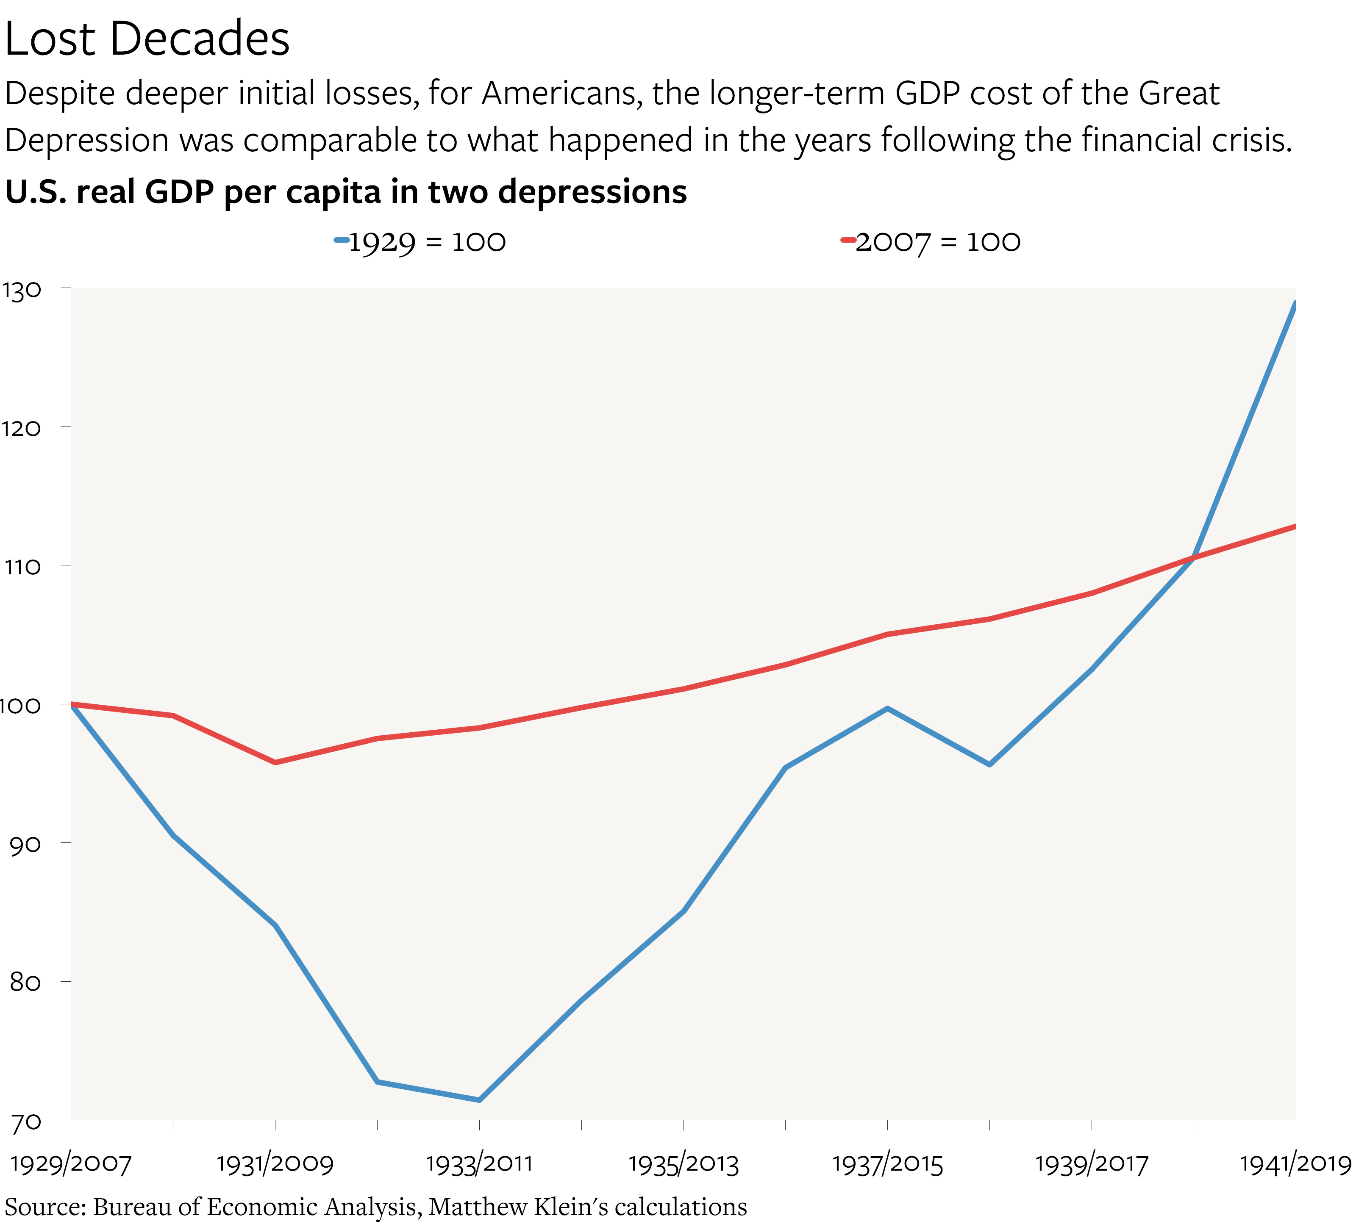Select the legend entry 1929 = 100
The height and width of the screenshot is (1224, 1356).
point(420,242)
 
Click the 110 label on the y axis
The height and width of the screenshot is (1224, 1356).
point(22,567)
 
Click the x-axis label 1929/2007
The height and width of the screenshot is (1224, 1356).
point(71,1164)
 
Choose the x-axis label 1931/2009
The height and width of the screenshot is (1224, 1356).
point(275,1164)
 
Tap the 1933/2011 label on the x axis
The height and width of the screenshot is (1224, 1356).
point(479,1164)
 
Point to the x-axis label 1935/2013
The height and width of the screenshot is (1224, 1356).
point(684,1164)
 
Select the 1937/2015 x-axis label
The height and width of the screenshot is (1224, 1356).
point(888,1164)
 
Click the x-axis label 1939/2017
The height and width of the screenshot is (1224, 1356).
point(1092,1164)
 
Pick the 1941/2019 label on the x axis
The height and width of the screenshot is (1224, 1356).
point(1295,1164)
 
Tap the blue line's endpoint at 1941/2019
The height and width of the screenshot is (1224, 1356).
point(1295,303)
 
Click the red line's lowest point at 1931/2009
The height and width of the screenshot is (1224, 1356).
point(275,763)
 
